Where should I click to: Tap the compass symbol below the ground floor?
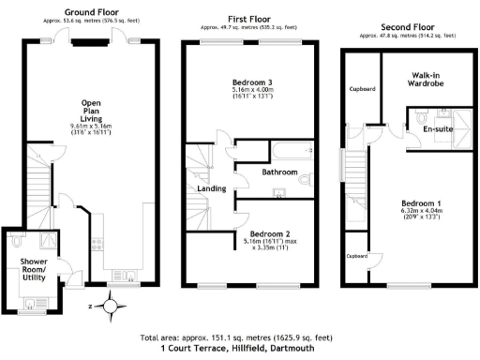(x=111, y=305)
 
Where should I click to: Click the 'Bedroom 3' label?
(x=248, y=83)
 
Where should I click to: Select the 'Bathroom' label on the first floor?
(x=279, y=172)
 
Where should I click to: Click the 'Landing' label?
(x=211, y=190)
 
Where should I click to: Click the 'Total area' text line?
(x=238, y=337)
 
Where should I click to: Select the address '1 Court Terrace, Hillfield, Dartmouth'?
(x=238, y=347)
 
